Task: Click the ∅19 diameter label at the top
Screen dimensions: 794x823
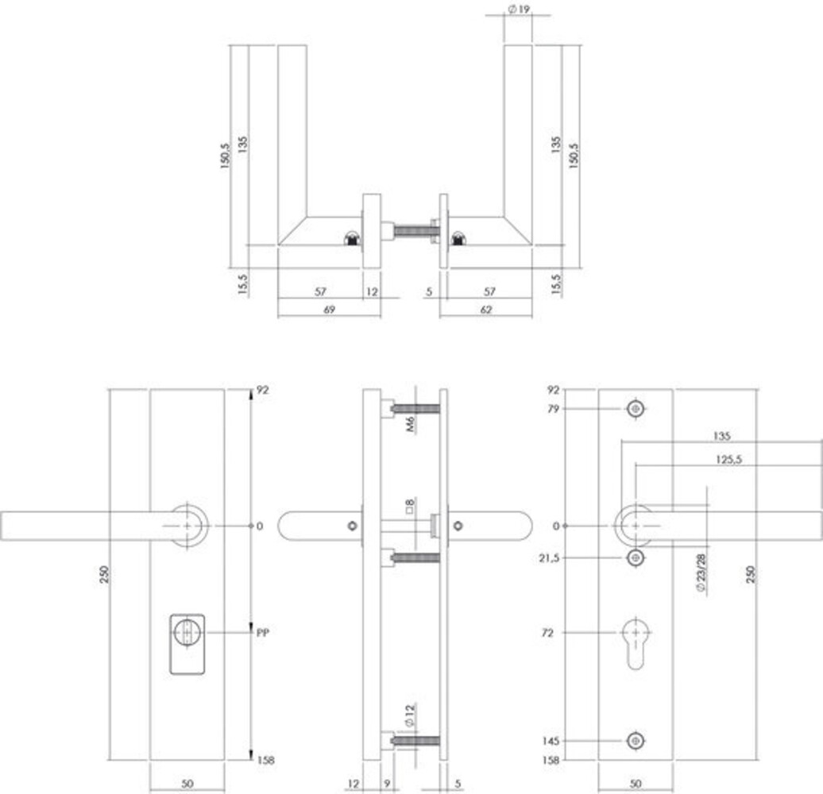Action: coord(517,9)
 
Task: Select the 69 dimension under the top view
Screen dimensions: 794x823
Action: coord(327,310)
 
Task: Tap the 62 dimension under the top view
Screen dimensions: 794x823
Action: coord(485,310)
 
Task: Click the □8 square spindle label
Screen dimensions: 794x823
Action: coord(410,507)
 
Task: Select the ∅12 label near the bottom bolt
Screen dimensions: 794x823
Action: coord(410,715)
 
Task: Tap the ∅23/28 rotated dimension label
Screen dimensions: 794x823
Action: coord(701,574)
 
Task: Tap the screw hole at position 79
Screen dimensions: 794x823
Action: coord(635,409)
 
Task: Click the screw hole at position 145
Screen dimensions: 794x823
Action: coord(635,741)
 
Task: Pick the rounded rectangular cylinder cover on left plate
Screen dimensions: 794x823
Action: coord(187,643)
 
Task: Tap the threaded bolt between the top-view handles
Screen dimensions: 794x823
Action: coord(411,232)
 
